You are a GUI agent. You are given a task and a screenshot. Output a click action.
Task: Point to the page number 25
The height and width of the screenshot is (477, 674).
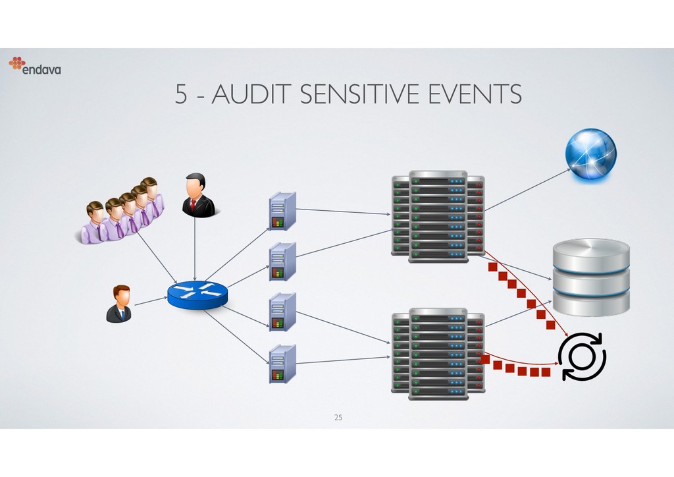(338, 418)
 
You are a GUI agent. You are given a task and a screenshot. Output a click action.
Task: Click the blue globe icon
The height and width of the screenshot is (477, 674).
(590, 154)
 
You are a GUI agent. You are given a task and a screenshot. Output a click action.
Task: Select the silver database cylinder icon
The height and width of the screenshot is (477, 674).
(591, 277)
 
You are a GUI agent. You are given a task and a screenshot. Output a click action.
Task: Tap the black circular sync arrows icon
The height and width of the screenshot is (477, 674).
(582, 356)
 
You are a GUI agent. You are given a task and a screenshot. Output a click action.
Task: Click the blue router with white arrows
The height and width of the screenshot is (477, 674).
(197, 295)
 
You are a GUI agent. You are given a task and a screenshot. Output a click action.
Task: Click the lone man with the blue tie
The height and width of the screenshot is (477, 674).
(119, 304)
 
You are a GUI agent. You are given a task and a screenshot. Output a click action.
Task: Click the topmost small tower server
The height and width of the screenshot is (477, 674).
(282, 211)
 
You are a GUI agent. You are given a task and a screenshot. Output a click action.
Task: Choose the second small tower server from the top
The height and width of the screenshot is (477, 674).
(282, 262)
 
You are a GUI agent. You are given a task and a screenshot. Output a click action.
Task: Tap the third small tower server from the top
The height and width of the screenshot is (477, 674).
(282, 312)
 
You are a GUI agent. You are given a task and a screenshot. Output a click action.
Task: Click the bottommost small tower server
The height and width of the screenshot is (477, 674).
(282, 363)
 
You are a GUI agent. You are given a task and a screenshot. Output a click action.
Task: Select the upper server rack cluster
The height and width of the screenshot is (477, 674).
(438, 217)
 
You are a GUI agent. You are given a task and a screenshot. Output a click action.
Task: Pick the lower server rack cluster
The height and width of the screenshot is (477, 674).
(438, 353)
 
